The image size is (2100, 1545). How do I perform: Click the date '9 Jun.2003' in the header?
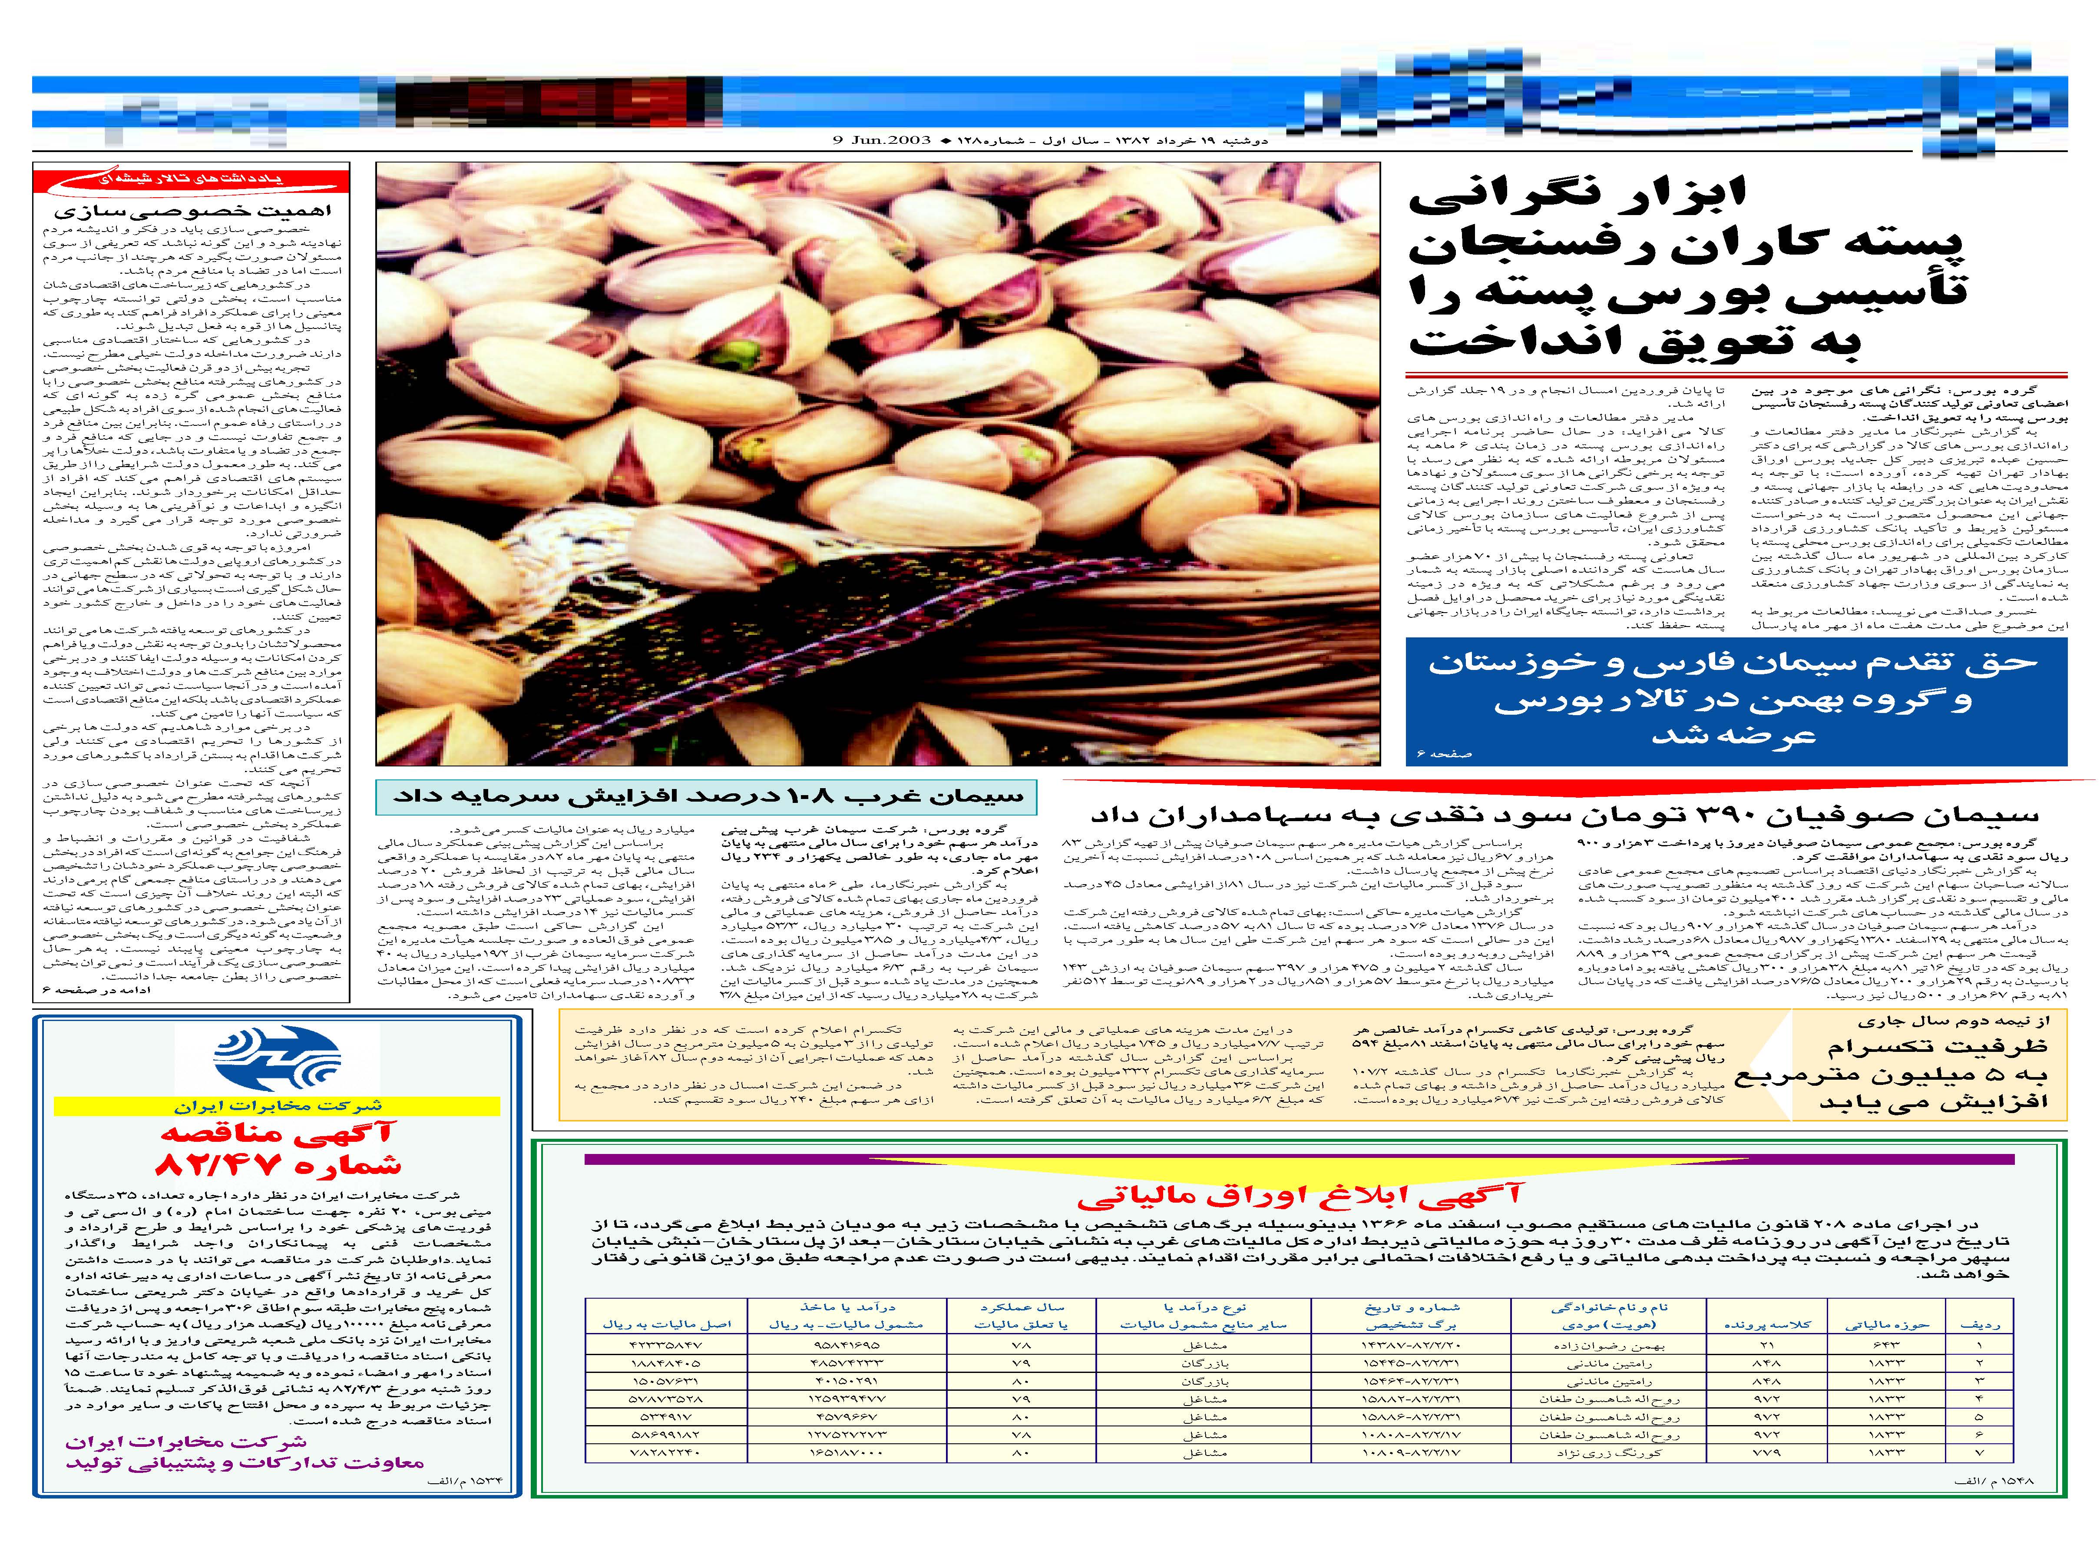[x=882, y=140]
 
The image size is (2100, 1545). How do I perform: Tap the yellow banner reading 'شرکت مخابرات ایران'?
[x=277, y=1106]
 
